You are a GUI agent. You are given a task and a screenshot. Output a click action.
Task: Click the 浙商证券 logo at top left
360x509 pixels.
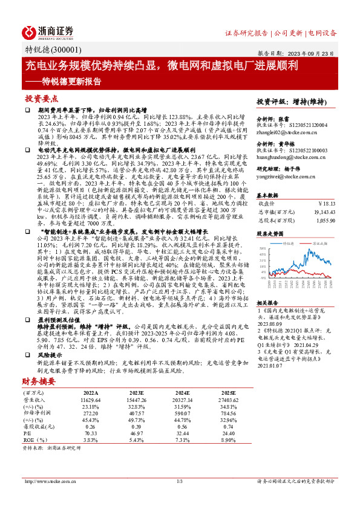click(x=48, y=31)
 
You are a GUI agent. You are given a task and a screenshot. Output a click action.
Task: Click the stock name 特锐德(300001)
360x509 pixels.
click(x=47, y=50)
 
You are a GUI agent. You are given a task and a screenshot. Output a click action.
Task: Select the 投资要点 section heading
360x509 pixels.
click(x=41, y=98)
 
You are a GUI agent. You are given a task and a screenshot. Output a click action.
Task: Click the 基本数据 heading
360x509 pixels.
click(x=268, y=195)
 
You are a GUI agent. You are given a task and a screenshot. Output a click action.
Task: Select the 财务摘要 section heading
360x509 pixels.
click(x=38, y=381)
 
